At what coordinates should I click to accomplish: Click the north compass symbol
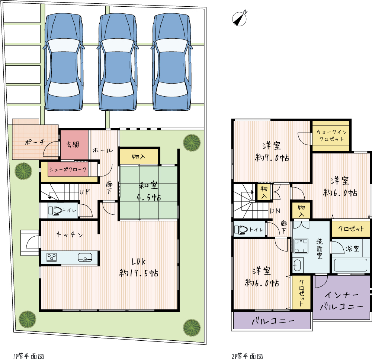pos(239,19)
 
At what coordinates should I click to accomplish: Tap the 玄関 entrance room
pos(74,145)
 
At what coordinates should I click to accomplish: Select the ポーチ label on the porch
pos(35,142)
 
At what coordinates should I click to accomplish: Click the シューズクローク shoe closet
pos(68,169)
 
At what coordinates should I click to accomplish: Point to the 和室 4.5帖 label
pos(148,191)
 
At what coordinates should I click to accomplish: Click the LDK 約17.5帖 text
pos(139,267)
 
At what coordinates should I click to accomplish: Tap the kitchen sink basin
pos(85,257)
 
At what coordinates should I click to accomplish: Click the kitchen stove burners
pos(51,257)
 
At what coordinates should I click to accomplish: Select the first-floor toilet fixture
pos(55,210)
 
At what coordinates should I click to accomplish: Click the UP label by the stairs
pos(84,191)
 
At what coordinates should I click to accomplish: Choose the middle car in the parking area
pos(118,62)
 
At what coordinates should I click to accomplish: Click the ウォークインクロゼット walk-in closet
pos(331,136)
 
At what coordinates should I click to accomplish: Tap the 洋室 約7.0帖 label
pos(272,152)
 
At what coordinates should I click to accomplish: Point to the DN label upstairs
pos(275,211)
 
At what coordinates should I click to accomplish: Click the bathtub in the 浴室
pos(350,265)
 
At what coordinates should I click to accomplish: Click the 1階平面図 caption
pos(29,356)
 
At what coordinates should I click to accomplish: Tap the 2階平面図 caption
pos(247,356)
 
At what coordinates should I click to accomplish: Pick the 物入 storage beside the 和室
pos(139,156)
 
